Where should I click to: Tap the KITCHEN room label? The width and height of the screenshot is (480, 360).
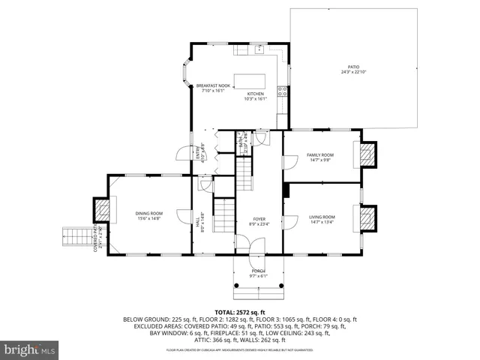pyautogui.click(x=256, y=94)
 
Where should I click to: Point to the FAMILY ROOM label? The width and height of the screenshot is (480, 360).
pyautogui.click(x=320, y=154)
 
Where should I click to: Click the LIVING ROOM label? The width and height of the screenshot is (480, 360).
pyautogui.click(x=322, y=217)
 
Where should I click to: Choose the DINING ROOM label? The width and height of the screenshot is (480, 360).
pyautogui.click(x=148, y=213)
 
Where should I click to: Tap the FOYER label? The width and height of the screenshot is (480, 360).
pyautogui.click(x=258, y=219)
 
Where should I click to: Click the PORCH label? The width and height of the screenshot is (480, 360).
pyautogui.click(x=258, y=271)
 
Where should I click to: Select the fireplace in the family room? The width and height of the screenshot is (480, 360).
pyautogui.click(x=367, y=154)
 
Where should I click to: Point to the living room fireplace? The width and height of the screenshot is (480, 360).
pyautogui.click(x=367, y=217)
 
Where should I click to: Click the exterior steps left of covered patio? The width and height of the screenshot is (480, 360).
pyautogui.click(x=74, y=238)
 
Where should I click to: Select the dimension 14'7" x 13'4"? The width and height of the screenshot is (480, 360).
pyautogui.click(x=322, y=222)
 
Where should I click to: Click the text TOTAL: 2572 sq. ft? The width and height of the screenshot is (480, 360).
pyautogui.click(x=239, y=311)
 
